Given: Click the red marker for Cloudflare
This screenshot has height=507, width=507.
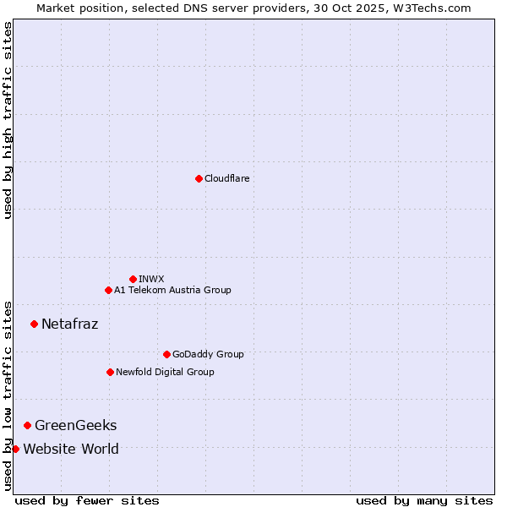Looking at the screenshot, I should coord(199,178).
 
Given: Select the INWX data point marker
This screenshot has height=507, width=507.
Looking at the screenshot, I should coord(133,279).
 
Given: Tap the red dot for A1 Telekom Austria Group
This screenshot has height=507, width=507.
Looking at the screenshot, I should coord(108,290).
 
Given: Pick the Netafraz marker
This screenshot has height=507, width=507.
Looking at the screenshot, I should coord(34,324).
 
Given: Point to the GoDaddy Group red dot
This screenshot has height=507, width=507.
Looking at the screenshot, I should coord(166,354).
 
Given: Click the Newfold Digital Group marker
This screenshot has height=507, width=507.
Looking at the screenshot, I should coord(110,372).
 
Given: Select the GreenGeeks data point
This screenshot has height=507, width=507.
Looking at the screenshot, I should coord(27,425).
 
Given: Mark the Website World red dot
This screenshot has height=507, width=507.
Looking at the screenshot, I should coord(15,449).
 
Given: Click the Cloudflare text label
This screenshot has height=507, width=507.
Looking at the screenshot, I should coord(226,178).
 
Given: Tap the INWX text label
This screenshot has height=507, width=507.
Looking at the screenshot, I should coord(151,279).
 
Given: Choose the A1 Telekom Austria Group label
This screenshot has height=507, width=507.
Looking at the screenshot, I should coord(172,290).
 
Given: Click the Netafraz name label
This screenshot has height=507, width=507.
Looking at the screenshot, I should coord(69,324).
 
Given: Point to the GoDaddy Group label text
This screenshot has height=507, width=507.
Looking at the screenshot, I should coord(208,354).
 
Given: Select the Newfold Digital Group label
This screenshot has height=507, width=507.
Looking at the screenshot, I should coord(165,372).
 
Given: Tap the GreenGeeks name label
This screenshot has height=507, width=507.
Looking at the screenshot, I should coord(75,425).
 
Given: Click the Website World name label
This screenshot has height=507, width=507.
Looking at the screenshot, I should coord(70,449).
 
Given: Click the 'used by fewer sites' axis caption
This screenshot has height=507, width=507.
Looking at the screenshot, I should coord(87,500).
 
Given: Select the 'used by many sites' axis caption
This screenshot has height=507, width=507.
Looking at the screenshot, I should coord(424,500).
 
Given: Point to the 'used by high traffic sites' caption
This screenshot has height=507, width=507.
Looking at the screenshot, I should coord(8,120).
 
